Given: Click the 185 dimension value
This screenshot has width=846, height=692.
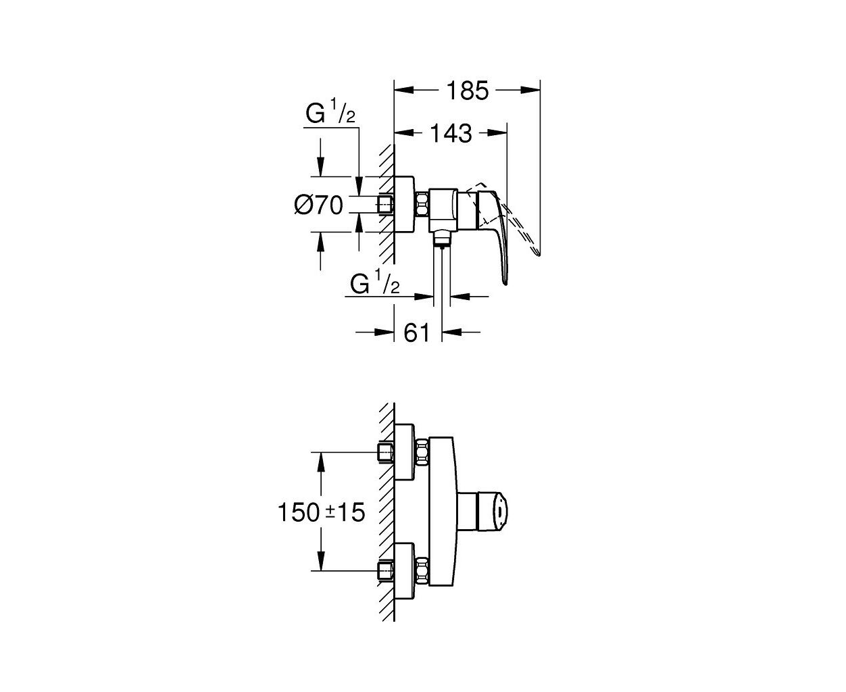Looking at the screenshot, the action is click(468, 91).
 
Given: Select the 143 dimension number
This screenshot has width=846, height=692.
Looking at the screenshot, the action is click(451, 134).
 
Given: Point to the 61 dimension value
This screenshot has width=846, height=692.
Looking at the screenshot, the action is click(417, 332).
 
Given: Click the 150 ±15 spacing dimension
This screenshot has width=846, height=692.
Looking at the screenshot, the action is click(322, 513).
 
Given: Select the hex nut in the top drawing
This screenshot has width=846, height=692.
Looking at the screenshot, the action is click(423, 205).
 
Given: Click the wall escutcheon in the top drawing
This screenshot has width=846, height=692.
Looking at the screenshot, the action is click(404, 204).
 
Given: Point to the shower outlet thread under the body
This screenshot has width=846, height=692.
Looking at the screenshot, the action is click(442, 239).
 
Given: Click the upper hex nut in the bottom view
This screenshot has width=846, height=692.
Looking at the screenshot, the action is click(423, 452).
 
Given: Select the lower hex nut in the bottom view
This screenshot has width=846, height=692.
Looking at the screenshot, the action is click(423, 570).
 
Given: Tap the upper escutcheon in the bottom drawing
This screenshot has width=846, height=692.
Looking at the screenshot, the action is click(404, 451).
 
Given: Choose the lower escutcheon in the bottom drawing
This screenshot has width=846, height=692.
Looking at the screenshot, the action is click(404, 571).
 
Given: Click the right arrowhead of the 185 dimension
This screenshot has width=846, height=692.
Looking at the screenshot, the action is click(530, 91).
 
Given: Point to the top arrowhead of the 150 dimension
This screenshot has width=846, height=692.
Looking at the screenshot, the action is click(320, 462).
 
